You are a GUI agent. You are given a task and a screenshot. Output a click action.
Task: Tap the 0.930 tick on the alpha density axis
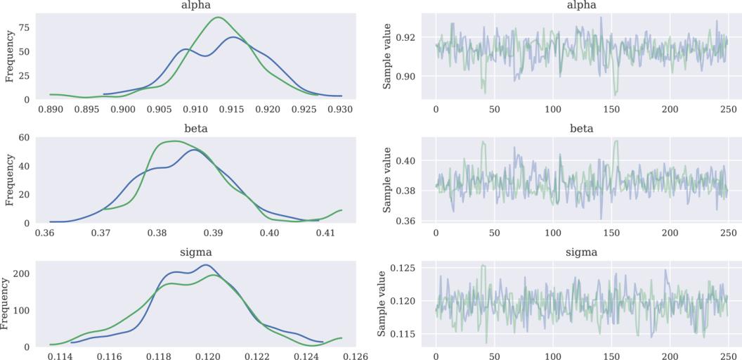[x=339, y=110]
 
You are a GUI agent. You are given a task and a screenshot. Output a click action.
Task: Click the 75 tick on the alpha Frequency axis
[x=25, y=27]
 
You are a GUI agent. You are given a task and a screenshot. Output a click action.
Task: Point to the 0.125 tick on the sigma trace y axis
[x=404, y=268]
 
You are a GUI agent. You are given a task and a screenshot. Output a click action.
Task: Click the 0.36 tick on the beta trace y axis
[x=407, y=221]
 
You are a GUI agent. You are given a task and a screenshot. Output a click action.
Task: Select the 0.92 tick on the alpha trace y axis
[x=407, y=37]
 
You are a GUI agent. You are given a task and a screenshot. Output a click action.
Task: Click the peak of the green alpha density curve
[x=219, y=17]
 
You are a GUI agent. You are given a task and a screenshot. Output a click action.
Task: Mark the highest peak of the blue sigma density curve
[x=205, y=265]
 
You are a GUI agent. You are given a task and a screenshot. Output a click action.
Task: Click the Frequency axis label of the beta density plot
[x=9, y=180]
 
